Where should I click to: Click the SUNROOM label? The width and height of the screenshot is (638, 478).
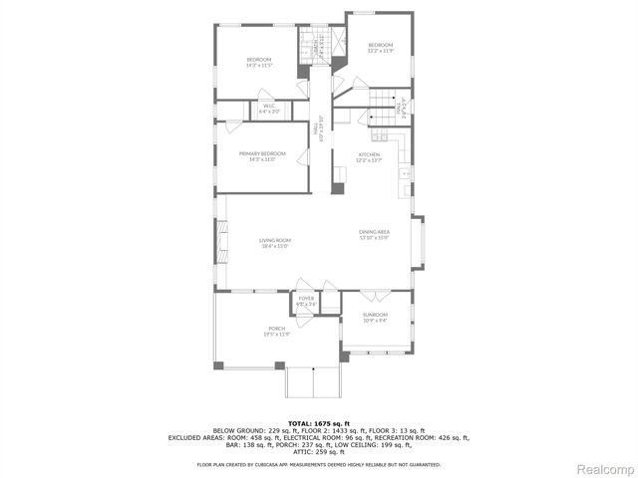pyautogui.click(x=375, y=317)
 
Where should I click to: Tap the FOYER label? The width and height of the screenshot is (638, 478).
pyautogui.click(x=306, y=300)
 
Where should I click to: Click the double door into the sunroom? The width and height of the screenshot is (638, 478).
pyautogui.click(x=369, y=296)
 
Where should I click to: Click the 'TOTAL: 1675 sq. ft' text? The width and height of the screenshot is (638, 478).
pyautogui.click(x=318, y=423)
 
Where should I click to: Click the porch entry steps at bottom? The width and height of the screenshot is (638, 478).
pyautogui.click(x=314, y=382)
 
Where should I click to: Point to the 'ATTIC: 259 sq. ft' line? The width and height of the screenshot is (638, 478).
pyautogui.click(x=318, y=453)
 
